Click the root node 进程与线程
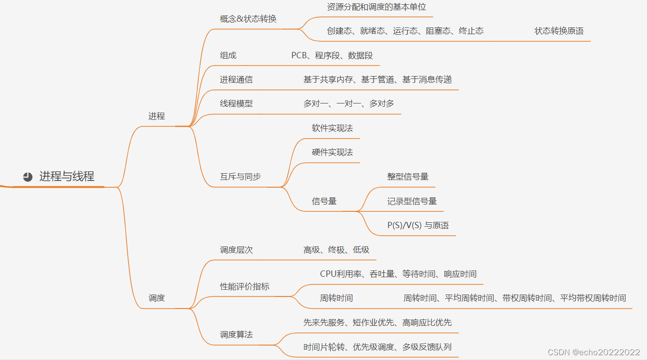click(66, 177)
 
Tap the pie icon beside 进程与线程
click(28, 177)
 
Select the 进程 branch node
click(156, 116)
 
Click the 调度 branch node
click(156, 298)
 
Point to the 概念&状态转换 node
click(248, 19)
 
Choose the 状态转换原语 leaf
click(558, 31)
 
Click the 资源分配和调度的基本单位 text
click(376, 7)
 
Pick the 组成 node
click(228, 55)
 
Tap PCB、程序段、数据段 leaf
click(332, 55)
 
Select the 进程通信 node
click(236, 79)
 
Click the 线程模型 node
click(236, 103)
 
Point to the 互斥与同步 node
click(240, 177)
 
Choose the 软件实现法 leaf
click(332, 128)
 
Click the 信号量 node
click(324, 201)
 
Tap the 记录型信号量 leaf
click(412, 201)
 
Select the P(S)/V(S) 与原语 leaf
click(418, 225)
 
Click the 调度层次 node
click(236, 250)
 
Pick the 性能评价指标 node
click(245, 286)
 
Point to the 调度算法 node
click(236, 334)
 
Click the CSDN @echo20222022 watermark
click(594, 352)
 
